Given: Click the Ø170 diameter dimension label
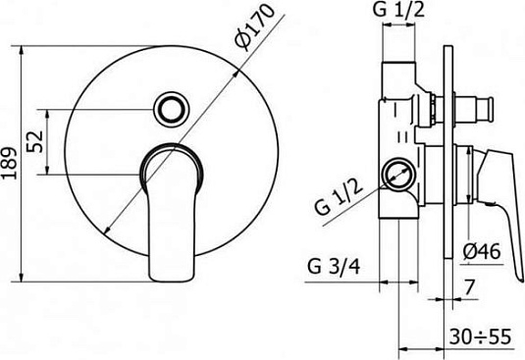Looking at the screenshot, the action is coord(254,27).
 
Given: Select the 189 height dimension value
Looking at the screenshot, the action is coord(9,163).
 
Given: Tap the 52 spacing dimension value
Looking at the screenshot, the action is coord(36,141).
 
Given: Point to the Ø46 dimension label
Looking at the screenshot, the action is coord(482,251).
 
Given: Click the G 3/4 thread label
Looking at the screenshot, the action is coord(334,267).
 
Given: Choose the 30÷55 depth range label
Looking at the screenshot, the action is coord(481,336).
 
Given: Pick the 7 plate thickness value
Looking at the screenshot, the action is coord(470,287).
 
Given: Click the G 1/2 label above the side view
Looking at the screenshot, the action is coord(398,10).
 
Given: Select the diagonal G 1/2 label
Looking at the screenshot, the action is coord(339,198).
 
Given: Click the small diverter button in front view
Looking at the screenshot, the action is coord(172,109).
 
